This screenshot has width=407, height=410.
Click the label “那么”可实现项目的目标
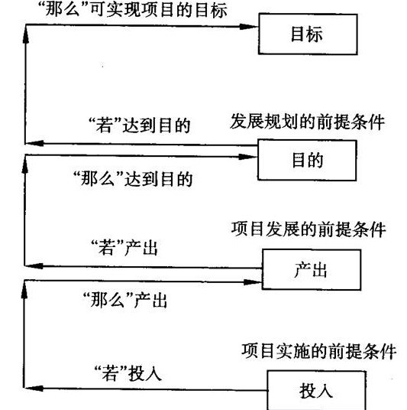click(133, 11)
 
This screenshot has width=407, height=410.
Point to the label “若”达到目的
click(139, 125)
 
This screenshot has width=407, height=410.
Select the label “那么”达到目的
click(133, 179)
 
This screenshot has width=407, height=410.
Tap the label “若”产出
click(124, 247)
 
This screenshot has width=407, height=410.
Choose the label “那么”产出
click(124, 300)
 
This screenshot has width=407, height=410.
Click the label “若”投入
click(128, 373)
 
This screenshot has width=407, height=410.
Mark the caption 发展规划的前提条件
click(307, 122)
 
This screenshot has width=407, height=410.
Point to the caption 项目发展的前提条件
click(308, 229)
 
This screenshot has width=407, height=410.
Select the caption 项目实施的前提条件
click(318, 351)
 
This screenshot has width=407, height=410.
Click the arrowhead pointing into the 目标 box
click(249, 27)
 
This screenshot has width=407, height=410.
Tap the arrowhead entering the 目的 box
click(248, 157)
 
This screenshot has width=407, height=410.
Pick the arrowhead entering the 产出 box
click(253, 282)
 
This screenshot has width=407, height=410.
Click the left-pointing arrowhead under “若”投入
click(34, 389)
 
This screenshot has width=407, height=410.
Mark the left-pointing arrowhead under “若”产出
click(34, 266)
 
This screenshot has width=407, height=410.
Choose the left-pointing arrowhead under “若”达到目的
click(34, 143)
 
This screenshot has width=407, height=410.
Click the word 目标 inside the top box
click(307, 34)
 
